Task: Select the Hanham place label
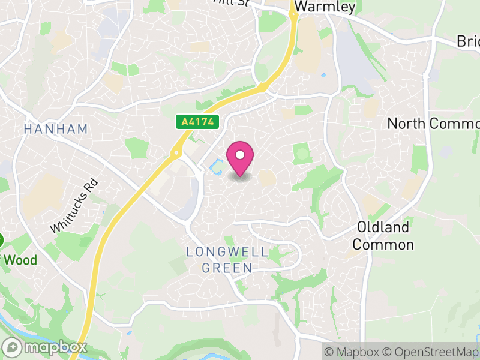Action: pos(56,129)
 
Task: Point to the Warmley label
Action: pos(326,7)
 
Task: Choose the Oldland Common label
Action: pos(383,236)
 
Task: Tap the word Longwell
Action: pos(227,251)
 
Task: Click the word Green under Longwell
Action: pos(227,268)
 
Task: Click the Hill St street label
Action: pos(232,3)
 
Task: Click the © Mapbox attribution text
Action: pos(352,352)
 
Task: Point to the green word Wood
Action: pos(21,260)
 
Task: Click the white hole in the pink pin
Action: pos(240,154)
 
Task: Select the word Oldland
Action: pos(383,227)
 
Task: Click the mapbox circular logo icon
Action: pos(12,347)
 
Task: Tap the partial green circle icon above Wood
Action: pos(1,241)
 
